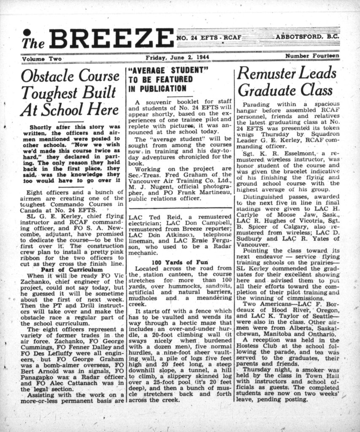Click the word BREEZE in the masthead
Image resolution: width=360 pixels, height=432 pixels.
point(111,39)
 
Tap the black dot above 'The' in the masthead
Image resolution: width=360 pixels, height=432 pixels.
point(27,32)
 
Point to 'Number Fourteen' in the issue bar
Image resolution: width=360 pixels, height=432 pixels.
point(311,56)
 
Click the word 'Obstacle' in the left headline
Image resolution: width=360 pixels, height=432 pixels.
point(46,76)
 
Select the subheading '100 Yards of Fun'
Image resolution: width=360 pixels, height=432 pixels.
point(180,262)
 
